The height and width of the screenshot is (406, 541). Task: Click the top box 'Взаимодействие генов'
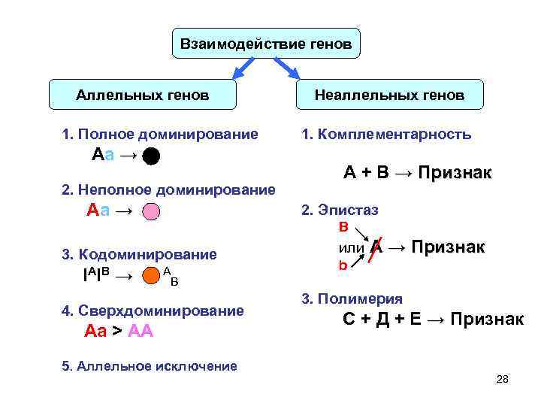(x=266, y=44)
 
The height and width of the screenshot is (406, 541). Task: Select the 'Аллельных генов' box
(x=143, y=95)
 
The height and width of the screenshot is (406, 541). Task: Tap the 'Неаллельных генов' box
(x=389, y=95)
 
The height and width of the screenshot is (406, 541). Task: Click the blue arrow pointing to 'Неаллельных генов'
(x=289, y=68)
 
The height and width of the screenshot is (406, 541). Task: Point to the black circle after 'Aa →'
(x=151, y=156)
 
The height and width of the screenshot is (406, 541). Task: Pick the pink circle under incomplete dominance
(x=151, y=212)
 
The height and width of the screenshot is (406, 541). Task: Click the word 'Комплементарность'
(x=395, y=135)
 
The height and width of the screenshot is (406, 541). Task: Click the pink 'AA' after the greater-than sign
(x=141, y=331)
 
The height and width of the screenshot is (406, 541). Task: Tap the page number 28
(x=503, y=379)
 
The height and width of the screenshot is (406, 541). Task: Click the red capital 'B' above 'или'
(x=343, y=226)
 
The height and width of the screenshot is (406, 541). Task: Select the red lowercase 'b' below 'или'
(x=343, y=265)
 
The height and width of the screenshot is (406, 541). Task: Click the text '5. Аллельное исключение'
(x=149, y=366)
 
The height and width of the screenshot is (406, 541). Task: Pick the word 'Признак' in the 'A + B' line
(x=455, y=173)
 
